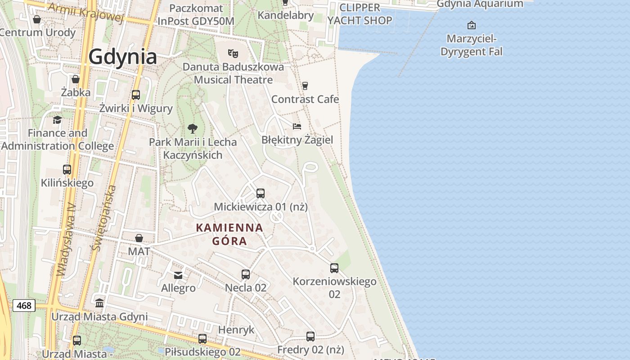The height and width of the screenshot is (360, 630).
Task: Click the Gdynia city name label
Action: coord(122,57)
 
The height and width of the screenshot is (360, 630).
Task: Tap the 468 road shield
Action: coord(24,306)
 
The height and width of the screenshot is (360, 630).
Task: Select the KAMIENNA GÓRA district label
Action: coord(229,234)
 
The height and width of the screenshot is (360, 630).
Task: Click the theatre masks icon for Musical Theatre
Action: coord(233,54)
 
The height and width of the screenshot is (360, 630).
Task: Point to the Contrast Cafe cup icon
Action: coord(305,85)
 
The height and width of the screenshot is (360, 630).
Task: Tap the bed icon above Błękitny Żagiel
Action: coord(297,126)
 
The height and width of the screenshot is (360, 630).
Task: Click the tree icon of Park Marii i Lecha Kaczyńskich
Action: coord(192,129)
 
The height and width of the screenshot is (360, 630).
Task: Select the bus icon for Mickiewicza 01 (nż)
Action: coord(260,193)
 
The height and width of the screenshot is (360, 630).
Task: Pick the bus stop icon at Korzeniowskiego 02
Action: coord(334,268)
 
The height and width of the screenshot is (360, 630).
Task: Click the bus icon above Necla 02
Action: coord(245,274)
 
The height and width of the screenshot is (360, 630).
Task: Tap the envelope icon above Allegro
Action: coord(178,275)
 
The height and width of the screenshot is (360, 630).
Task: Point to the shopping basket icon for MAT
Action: coord(139,238)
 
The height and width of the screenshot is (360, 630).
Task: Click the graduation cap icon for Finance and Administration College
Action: coord(57,120)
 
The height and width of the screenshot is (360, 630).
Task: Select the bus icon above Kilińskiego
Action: coord(67,170)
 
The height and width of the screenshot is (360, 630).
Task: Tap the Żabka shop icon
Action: coord(76,79)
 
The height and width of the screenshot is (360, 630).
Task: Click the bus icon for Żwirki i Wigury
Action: coord(135,95)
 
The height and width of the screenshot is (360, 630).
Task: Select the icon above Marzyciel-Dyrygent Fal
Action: coord(471,25)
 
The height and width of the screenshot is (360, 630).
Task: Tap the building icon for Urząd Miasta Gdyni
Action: coord(99,303)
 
